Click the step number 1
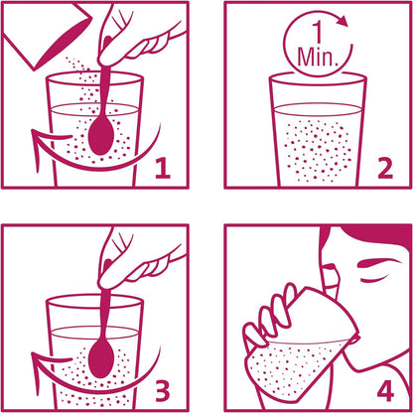(x=163, y=168)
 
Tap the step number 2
(x=385, y=168)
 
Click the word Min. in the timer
(x=317, y=57)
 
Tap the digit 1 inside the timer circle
(x=318, y=34)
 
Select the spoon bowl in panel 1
(x=101, y=135)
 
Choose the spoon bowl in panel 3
(x=101, y=358)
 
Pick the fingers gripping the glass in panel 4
(x=270, y=316)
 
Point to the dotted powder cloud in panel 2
(x=317, y=151)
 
